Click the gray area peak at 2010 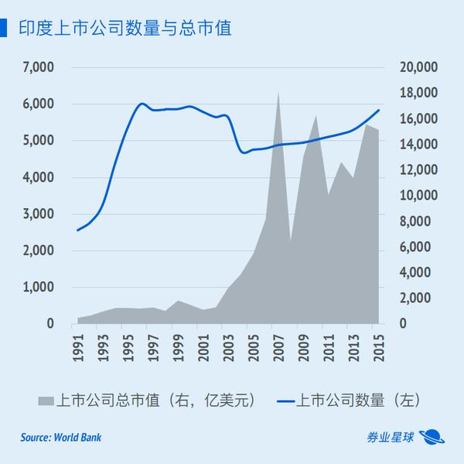click(316, 116)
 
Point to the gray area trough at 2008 click(291, 241)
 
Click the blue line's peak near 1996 click(142, 103)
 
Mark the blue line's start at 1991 click(78, 230)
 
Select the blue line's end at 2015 click(379, 110)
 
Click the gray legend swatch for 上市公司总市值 click(46, 401)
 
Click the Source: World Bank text click(61, 438)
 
